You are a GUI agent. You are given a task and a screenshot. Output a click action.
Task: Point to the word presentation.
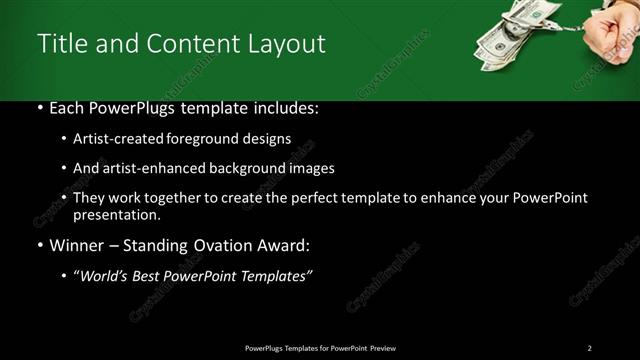pyautogui.click(x=116, y=215)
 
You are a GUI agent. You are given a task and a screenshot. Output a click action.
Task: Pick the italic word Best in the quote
pyautogui.click(x=150, y=276)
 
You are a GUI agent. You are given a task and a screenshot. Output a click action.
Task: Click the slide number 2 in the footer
pyautogui.click(x=589, y=348)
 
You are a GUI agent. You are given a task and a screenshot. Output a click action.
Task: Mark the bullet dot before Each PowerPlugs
pyautogui.click(x=39, y=108)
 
